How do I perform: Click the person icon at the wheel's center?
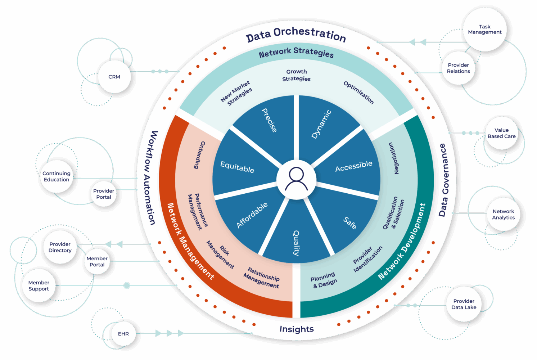click(x=296, y=179)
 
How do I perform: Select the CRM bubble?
click(x=114, y=77)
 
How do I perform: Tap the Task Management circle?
click(x=484, y=30)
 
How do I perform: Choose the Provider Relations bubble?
click(x=458, y=68)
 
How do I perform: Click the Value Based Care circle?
click(x=501, y=133)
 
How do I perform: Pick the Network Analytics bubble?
click(x=503, y=215)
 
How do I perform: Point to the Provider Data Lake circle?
click(x=464, y=304)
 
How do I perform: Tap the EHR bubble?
click(x=123, y=334)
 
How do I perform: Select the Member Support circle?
click(x=39, y=285)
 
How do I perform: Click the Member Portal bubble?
click(x=97, y=261)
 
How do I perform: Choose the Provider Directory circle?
click(x=60, y=247)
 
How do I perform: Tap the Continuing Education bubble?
click(x=57, y=176)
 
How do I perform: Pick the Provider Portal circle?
click(x=104, y=194)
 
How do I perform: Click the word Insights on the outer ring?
click(x=297, y=329)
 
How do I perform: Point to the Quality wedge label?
click(x=296, y=243)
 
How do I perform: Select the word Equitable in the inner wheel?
click(x=237, y=167)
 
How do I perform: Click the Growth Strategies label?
click(x=296, y=75)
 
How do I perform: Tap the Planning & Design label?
click(x=324, y=280)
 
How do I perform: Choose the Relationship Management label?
click(x=262, y=278)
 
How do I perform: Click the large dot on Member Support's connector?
click(x=127, y=285)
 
